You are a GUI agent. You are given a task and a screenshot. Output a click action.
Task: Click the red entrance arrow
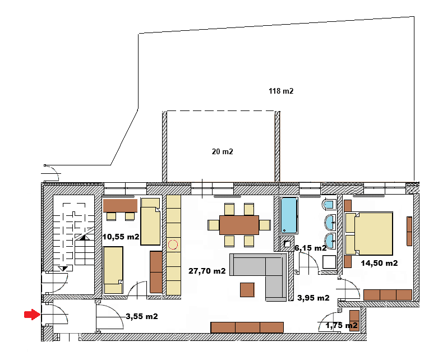32,315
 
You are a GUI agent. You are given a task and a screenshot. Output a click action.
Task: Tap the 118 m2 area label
281,91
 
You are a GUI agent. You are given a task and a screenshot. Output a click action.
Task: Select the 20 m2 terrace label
222,151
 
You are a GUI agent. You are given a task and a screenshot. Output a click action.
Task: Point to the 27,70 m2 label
207,271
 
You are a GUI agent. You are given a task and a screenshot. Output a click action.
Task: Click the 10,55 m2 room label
121,237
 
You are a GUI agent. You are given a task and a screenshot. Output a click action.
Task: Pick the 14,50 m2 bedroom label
380,262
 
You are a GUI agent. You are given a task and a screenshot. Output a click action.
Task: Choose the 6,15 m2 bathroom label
311,247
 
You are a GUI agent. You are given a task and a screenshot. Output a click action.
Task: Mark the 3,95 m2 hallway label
313,298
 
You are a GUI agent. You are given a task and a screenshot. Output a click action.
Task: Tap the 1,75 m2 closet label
342,325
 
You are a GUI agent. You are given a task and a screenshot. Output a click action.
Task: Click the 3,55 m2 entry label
142,316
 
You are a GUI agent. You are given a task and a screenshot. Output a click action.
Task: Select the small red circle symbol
173,244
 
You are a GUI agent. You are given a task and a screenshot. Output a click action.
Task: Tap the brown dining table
239,225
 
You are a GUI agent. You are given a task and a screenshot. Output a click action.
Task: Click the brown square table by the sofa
247,289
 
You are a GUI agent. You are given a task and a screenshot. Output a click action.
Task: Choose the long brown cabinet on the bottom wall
247,327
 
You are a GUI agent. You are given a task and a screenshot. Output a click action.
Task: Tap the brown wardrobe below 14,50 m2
388,294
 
